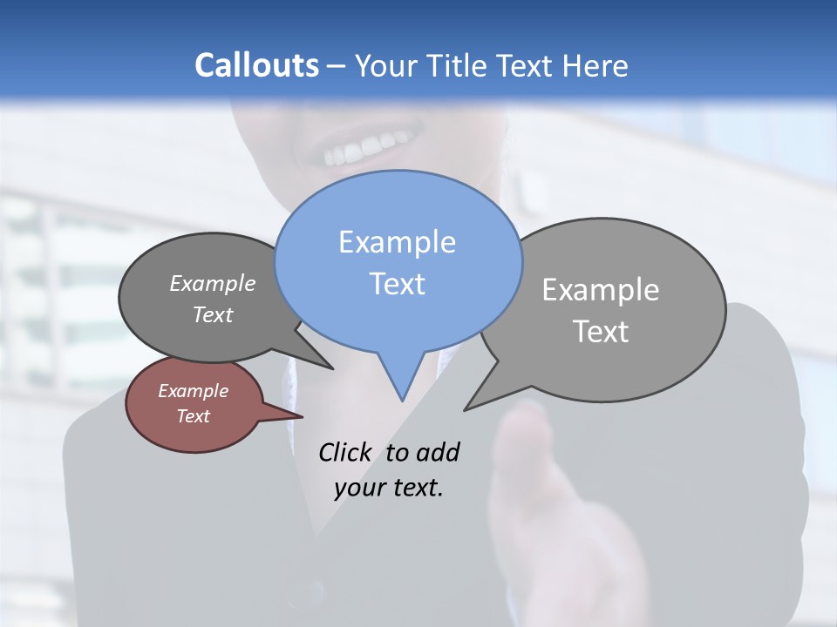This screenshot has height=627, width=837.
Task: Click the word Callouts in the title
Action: point(256,65)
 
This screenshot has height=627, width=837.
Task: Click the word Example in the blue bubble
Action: point(397,242)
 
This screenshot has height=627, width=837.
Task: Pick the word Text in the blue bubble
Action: point(397,284)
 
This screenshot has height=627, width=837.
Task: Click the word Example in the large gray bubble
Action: point(601,290)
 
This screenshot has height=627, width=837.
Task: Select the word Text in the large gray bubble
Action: point(601,332)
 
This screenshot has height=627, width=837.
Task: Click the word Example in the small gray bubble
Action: point(212,283)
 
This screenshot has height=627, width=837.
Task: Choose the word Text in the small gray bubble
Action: point(212,314)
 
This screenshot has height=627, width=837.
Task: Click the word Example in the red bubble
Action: point(193,391)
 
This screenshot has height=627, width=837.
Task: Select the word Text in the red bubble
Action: point(193,416)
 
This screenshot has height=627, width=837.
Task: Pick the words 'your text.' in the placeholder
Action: point(389,488)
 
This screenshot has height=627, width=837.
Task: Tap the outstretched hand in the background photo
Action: point(558,514)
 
